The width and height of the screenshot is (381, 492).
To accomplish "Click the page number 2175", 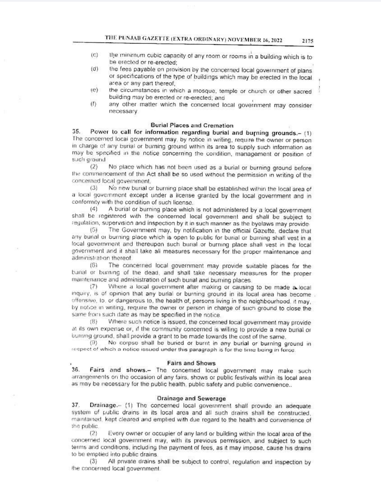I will pyautogui.click(x=307, y=41).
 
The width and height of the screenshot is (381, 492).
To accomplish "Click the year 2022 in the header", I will pyautogui.click(x=276, y=40).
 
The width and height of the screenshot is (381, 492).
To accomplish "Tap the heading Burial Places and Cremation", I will pyautogui.click(x=192, y=126).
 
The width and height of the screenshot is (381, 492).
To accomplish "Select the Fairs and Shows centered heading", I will pyautogui.click(x=191, y=363).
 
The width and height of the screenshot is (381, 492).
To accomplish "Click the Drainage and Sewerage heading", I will pyautogui.click(x=191, y=398).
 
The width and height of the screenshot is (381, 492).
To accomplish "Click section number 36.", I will pyautogui.click(x=75, y=370).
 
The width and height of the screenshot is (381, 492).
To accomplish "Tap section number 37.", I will pyautogui.click(x=75, y=405).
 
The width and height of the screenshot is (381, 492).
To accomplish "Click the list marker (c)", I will pyautogui.click(x=94, y=55).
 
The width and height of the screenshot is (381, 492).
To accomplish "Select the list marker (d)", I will pyautogui.click(x=94, y=69).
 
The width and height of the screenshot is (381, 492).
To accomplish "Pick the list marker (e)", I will pyautogui.click(x=94, y=90).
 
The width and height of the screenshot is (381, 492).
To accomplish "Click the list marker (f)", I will pyautogui.click(x=94, y=104).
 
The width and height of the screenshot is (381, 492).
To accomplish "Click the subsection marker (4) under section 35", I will pyautogui.click(x=94, y=210).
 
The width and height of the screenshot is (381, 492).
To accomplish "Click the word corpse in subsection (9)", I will pyautogui.click(x=129, y=343).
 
